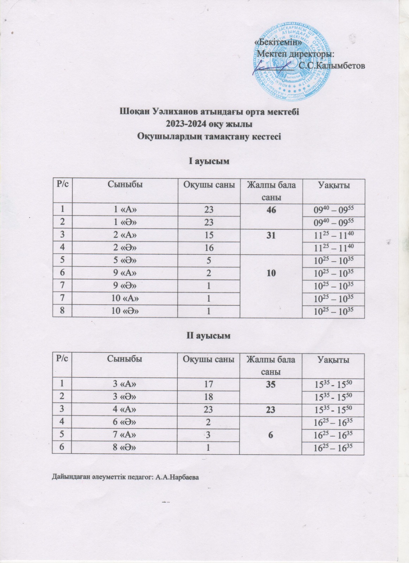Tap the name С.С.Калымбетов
pos(331,65)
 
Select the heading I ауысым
pos(208,162)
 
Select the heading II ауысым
pos(208,336)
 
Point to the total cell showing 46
pos(271,210)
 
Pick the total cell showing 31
pos(271,235)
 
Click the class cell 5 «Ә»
pos(125,260)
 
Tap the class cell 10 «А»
pos(125,298)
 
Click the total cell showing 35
pos(271,385)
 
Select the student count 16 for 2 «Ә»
pos(209,248)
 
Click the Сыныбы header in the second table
pos(125,359)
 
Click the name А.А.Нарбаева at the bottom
pos(178,477)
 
